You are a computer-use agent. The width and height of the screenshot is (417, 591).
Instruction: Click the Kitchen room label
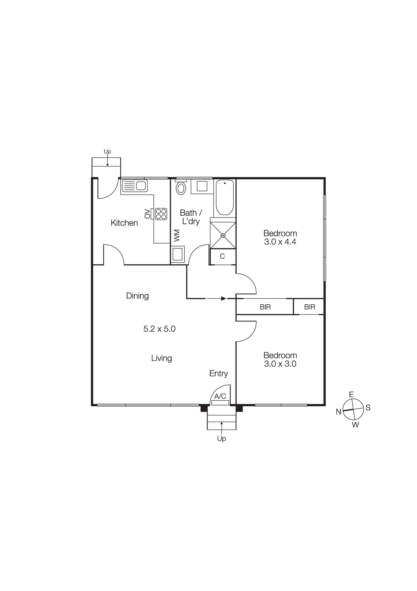(124, 223)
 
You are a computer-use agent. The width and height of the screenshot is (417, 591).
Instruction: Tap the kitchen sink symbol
(134, 186)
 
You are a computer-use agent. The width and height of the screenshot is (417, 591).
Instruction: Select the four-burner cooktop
(161, 214)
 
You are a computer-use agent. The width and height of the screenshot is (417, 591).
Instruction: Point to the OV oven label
(147, 214)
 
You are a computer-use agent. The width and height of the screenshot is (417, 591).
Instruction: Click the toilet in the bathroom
(181, 188)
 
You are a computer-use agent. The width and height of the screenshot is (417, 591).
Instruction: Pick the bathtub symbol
(225, 197)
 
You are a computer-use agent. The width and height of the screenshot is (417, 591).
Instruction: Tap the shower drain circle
(223, 235)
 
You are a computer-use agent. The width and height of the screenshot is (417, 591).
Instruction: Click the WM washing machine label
(177, 236)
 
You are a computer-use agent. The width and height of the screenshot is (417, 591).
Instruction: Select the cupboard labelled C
(223, 256)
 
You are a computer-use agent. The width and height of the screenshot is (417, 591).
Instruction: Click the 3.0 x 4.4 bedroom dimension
(280, 242)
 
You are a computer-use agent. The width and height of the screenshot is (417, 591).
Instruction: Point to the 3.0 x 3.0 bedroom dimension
(280, 364)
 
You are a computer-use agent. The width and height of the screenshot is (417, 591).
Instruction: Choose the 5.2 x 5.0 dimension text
(159, 329)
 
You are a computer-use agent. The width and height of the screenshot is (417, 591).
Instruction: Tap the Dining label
(137, 296)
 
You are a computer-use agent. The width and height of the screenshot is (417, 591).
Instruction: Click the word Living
(161, 358)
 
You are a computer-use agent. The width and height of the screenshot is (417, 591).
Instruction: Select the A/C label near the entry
(220, 396)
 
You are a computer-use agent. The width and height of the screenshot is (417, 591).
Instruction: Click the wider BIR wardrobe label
(265, 307)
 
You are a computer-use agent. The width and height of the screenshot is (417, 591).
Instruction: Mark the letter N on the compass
(338, 412)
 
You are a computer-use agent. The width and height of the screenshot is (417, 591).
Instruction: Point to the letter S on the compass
(368, 408)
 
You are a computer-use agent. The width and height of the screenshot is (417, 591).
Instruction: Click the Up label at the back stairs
(107, 152)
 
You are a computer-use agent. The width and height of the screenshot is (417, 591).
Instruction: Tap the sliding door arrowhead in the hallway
(224, 298)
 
